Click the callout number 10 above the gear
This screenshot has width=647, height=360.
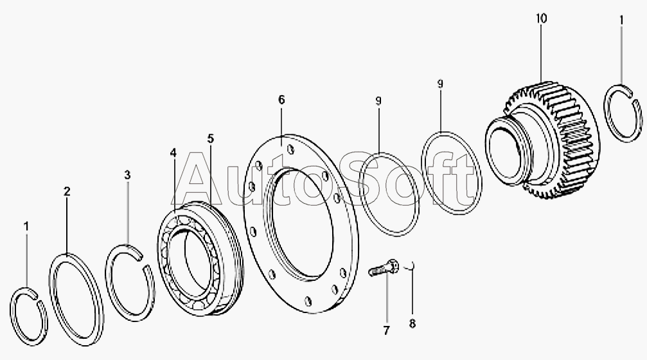542,19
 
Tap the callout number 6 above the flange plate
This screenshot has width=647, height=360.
281,100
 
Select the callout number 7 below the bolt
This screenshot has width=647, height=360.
386,330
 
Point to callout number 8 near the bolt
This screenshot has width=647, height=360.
412,324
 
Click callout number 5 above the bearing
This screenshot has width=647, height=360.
211,138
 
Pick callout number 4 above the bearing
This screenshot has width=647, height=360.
173,153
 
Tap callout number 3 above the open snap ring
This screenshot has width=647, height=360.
127,175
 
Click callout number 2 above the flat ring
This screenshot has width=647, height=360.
67,191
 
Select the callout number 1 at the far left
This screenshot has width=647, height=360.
26,226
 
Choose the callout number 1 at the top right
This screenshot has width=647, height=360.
621,20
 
